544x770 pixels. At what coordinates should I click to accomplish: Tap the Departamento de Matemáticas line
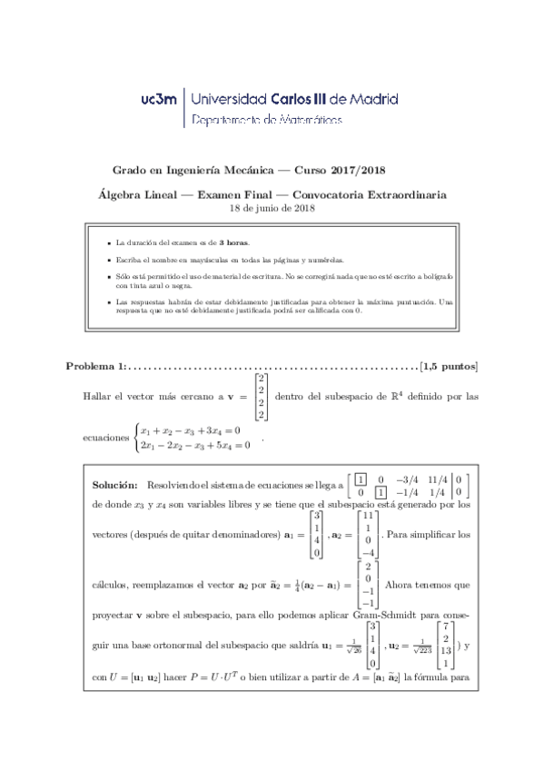pyautogui.click(x=269, y=120)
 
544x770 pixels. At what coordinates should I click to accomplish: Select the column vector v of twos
pyautogui.click(x=262, y=396)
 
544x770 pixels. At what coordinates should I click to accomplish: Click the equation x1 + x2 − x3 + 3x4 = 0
pyautogui.click(x=190, y=429)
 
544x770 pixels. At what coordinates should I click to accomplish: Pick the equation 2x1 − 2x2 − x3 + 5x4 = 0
pyautogui.click(x=194, y=445)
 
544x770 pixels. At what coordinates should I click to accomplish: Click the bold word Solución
pyautogui.click(x=114, y=486)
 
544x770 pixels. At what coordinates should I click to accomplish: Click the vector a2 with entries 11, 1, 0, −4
pyautogui.click(x=368, y=534)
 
